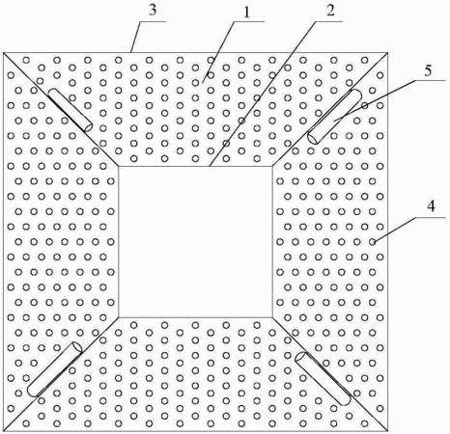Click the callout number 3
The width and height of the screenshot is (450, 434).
tap(153, 10)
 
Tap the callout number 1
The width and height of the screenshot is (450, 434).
tap(246, 13)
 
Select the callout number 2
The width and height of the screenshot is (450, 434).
tap(330, 11)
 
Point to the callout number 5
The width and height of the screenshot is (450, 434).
tap(428, 70)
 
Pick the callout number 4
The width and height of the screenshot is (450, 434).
tap(432, 205)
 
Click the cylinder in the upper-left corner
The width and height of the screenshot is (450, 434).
tap(70, 110)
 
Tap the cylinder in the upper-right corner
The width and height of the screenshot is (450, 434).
tap(335, 117)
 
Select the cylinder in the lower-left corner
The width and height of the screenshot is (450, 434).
tap(55, 369)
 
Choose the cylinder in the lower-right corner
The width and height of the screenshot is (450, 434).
tap(323, 378)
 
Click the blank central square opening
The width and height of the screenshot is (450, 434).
tap(195, 242)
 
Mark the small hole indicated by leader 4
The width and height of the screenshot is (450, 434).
tap(373, 241)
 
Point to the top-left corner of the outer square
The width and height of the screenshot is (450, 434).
tap(3, 53)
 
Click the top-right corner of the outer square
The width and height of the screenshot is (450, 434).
tap(387, 53)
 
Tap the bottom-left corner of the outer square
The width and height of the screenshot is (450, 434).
tap(3, 431)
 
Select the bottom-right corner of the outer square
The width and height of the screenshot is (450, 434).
tap(387, 431)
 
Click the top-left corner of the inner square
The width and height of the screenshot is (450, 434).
tap(119, 167)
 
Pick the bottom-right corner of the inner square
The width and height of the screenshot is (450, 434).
tap(272, 317)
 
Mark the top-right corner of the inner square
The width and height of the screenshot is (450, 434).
tap(272, 167)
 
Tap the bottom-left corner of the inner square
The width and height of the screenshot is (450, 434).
tap(119, 317)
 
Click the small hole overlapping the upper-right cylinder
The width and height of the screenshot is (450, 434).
tap(365, 105)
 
